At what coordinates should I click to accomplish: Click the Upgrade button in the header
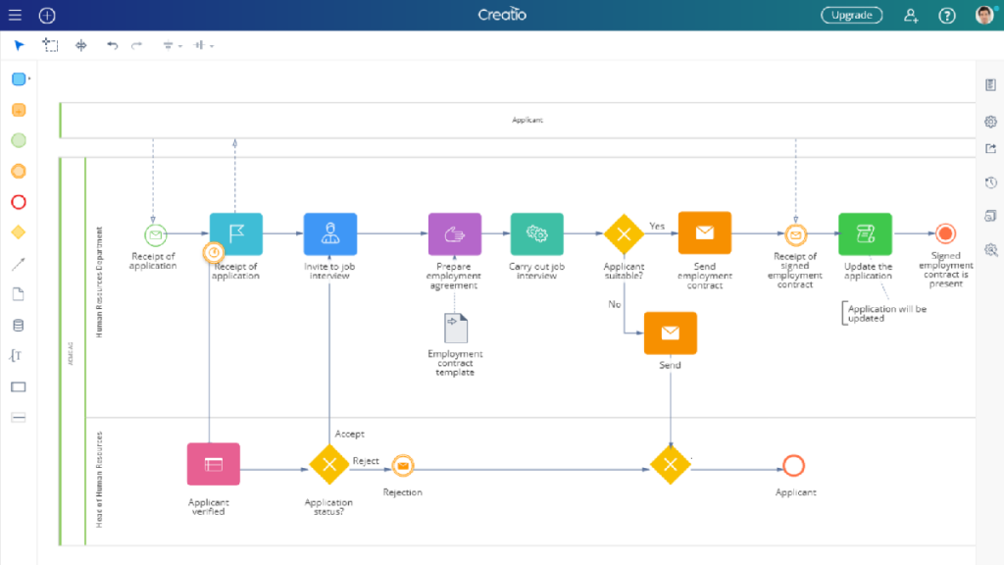851,15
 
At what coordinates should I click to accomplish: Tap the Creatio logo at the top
502,15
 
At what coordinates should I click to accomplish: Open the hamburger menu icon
15,15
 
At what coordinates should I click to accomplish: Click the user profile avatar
984,15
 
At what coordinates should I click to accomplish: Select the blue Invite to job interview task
330,233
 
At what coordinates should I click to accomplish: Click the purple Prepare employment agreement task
454,233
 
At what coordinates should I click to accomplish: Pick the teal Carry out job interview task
536,233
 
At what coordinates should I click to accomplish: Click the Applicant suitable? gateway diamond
624,234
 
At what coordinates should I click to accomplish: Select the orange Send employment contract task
704,233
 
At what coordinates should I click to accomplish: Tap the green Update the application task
865,233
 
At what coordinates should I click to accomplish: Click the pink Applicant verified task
213,464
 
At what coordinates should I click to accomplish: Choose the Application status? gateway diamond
329,465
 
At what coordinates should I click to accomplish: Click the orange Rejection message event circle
402,465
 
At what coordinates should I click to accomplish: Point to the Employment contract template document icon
456,328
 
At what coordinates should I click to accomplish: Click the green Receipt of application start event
155,234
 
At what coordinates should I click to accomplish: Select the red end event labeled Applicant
793,465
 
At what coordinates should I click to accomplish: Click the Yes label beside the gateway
657,226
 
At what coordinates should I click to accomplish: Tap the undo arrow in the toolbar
112,45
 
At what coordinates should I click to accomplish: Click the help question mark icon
947,15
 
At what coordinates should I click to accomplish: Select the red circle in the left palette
18,202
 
